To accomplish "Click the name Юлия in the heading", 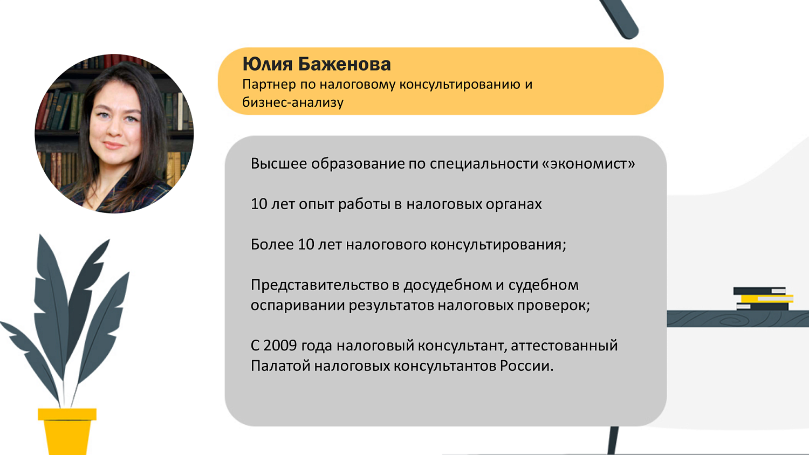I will (267, 64).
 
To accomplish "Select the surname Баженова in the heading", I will (344, 64).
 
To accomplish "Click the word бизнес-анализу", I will (292, 102).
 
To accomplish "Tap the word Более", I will (272, 245).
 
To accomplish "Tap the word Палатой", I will (280, 366).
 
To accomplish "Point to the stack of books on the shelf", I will (762, 299).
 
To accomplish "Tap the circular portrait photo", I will (114, 134).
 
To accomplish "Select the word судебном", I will (543, 285).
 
